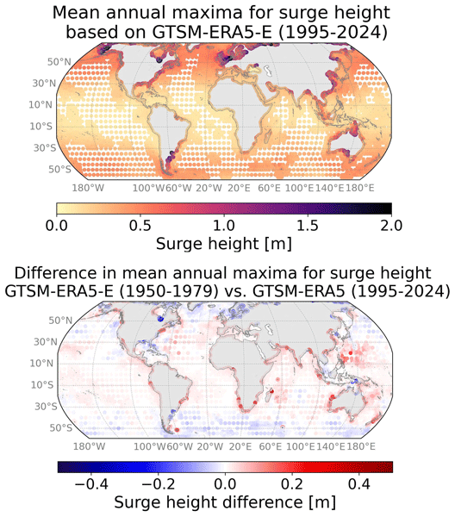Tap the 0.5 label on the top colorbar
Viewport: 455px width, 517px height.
click(x=140, y=226)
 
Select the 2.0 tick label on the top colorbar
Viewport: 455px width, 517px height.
click(x=391, y=226)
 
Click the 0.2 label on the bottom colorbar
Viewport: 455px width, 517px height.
click(x=292, y=484)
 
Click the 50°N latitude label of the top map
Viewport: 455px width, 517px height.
click(x=59, y=62)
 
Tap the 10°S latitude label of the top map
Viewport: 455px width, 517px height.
click(x=41, y=127)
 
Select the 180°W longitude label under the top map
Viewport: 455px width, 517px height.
click(x=88, y=188)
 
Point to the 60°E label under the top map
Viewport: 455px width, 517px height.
click(x=269, y=188)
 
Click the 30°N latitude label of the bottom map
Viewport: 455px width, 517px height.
click(x=45, y=341)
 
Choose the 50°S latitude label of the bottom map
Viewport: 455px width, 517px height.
click(x=61, y=427)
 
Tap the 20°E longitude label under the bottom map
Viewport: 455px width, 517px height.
click(x=240, y=446)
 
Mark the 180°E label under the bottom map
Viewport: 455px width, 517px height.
click(x=361, y=446)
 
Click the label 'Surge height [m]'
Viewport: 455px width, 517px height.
click(x=224, y=245)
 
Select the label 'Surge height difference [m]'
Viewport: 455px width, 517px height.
click(x=225, y=503)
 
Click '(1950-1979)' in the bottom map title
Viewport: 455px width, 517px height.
click(x=168, y=291)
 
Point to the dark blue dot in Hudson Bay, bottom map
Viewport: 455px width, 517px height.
click(x=160, y=319)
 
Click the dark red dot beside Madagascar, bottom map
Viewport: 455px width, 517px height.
click(x=272, y=391)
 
